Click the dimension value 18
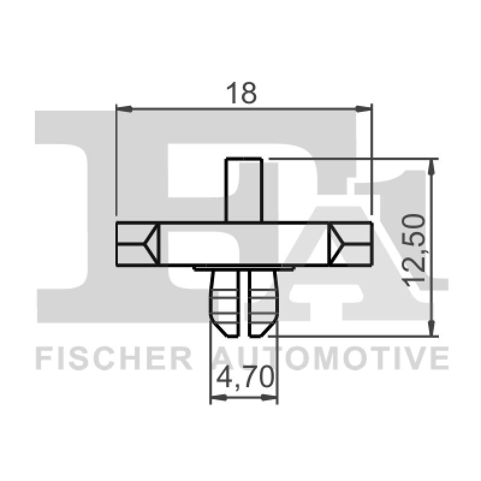point(242,93)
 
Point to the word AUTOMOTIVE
point(331,358)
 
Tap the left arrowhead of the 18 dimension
point(123,109)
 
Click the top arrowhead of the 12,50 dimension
point(432,167)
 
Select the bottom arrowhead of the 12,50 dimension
point(432,328)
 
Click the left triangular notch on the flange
point(152,244)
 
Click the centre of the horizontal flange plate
point(244,244)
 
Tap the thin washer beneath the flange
point(244,268)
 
